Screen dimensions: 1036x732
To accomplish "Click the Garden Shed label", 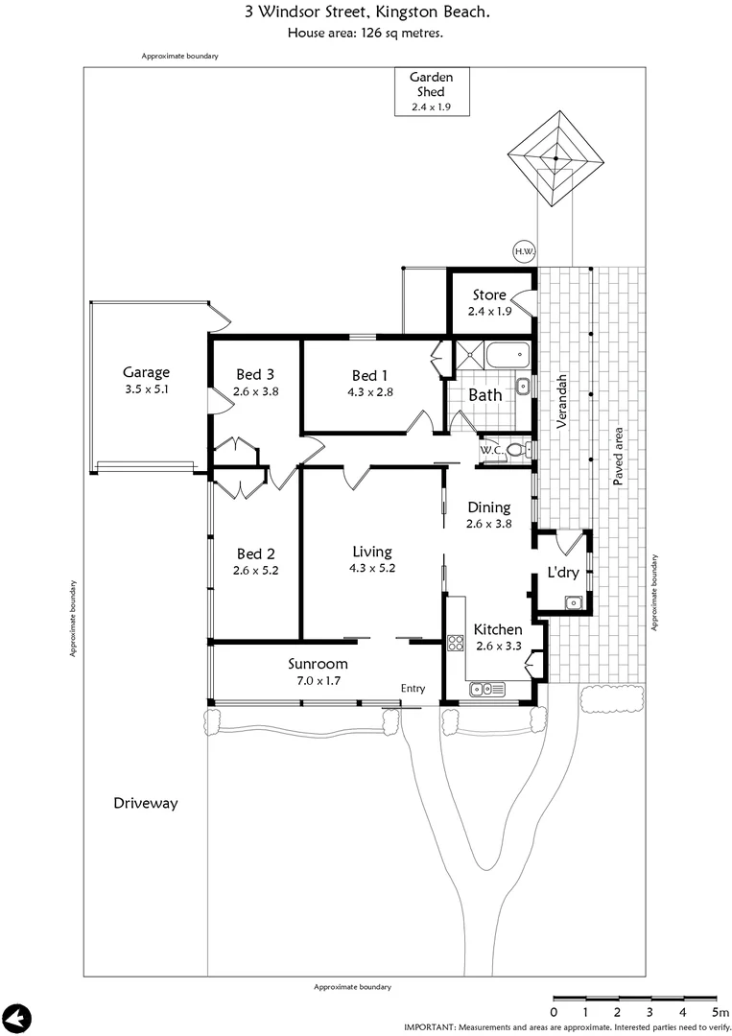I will (431, 84).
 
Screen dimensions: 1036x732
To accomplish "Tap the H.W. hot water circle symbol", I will (524, 252).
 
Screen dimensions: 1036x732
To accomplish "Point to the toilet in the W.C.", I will (516, 450).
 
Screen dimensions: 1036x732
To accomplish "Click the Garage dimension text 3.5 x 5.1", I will (146, 390).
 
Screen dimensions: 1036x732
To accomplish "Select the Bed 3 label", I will (255, 375).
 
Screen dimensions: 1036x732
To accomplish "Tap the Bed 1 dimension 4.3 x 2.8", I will (370, 391).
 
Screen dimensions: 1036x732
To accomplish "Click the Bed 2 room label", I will (255, 553).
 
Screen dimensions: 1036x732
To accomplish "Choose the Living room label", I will (371, 552).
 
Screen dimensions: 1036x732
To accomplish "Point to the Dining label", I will (488, 507).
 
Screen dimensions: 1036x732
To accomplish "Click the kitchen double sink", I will (487, 689).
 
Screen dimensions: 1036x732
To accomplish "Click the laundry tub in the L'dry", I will (574, 602).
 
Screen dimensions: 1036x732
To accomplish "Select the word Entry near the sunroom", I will (413, 689).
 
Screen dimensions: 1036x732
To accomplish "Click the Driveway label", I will (145, 803).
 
